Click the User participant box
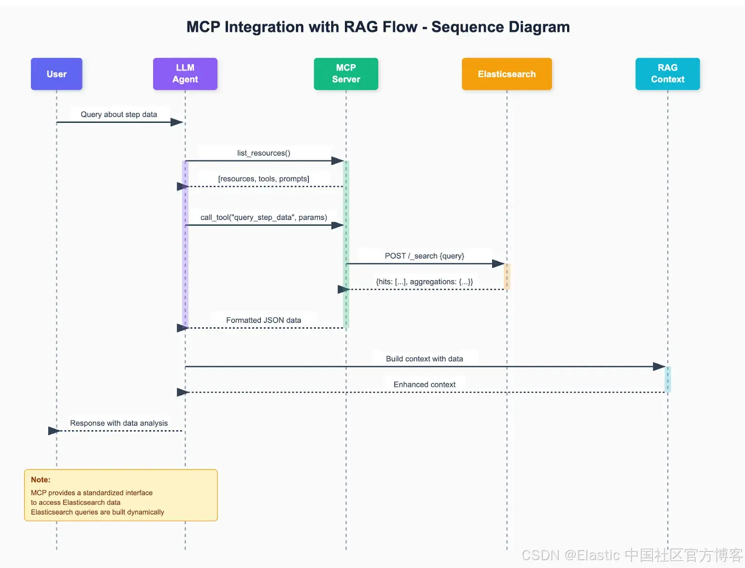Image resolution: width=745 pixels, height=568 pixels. click(x=56, y=74)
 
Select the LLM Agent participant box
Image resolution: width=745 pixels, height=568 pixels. click(x=185, y=74)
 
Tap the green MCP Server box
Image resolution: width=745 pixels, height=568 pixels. click(x=346, y=74)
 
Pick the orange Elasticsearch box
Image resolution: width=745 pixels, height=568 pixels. click(x=507, y=74)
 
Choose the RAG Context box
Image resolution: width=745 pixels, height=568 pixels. click(x=668, y=74)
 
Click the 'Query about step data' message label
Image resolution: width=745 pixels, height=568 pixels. click(x=119, y=115)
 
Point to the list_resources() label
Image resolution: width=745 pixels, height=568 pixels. click(x=264, y=153)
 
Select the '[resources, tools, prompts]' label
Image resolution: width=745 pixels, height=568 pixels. click(x=264, y=179)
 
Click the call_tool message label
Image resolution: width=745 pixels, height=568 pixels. click(x=264, y=217)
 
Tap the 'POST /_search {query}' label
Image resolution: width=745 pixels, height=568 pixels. click(x=424, y=256)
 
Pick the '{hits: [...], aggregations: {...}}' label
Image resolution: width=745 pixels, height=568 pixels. click(x=424, y=282)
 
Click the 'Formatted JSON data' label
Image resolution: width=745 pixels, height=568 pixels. click(x=264, y=320)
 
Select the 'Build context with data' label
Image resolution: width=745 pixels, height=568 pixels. click(x=424, y=358)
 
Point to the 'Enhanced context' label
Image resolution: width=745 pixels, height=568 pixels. click(x=424, y=385)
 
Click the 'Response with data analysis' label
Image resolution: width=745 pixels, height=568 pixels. click(x=119, y=423)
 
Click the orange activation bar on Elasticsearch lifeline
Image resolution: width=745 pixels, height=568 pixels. click(x=507, y=277)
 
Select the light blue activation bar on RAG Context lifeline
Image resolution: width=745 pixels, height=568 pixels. click(x=668, y=379)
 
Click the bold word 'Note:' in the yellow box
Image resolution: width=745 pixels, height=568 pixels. click(x=41, y=480)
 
